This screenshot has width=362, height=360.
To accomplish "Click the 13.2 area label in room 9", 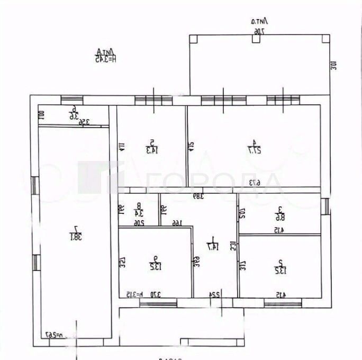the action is click(x=155, y=267).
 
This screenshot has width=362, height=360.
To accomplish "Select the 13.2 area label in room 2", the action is click(x=279, y=267).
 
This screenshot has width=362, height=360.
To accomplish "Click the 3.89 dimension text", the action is click(x=198, y=196).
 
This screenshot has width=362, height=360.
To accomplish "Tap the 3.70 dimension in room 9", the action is click(x=155, y=294).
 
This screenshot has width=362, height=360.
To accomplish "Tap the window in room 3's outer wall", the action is click(x=326, y=206).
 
